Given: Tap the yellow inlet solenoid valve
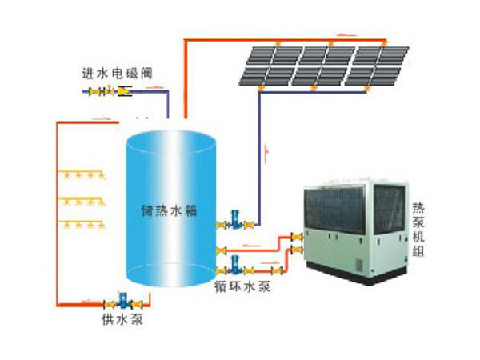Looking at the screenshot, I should click(x=123, y=92).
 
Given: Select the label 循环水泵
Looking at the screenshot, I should click(x=241, y=284).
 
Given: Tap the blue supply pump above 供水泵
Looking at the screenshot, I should click(x=123, y=302).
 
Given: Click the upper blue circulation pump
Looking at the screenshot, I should click(x=235, y=218).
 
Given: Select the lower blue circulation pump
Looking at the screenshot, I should click(x=235, y=263).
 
